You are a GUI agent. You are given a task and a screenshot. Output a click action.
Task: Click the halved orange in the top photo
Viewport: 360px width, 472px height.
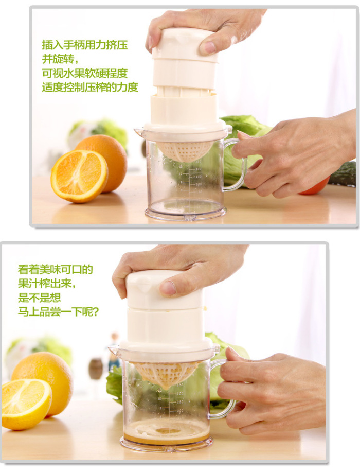(x=79, y=176)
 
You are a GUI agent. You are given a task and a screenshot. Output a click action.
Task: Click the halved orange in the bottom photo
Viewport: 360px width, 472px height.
(x=26, y=404)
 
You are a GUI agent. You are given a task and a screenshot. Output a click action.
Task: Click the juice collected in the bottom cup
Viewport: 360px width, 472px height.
(x=166, y=433)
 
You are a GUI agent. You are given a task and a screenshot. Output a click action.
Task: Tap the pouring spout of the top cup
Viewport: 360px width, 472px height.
(x=139, y=132)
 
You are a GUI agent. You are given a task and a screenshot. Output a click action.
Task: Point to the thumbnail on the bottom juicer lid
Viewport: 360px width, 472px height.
(x=168, y=288)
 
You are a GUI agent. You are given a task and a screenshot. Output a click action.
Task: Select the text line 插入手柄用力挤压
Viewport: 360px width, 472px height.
(x=85, y=45)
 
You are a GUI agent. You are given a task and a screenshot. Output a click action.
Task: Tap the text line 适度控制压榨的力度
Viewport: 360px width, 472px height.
(x=90, y=87)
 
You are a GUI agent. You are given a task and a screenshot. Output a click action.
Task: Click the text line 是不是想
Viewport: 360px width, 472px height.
(x=39, y=298)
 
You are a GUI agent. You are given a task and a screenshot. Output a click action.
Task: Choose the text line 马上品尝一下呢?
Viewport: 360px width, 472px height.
(x=58, y=311)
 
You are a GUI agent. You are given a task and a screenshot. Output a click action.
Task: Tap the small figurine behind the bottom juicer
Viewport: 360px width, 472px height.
(x=114, y=349)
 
